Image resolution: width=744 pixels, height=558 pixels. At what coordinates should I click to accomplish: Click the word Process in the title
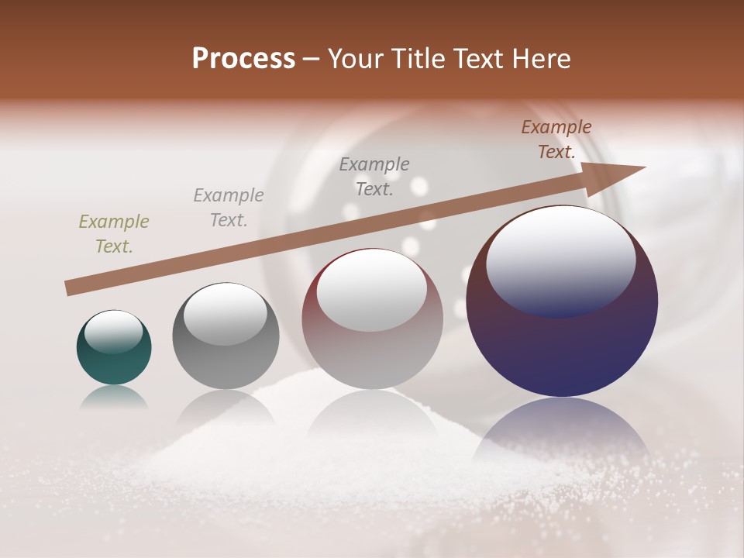(243, 59)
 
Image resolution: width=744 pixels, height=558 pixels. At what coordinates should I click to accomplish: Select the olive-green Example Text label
(114, 234)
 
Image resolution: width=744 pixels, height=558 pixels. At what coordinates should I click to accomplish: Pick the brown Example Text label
(556, 139)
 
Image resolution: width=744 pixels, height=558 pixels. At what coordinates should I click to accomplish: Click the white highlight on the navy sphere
(560, 260)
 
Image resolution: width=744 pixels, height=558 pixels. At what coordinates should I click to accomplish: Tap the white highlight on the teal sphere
(113, 332)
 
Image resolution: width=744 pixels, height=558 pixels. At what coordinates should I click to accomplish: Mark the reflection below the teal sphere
(114, 397)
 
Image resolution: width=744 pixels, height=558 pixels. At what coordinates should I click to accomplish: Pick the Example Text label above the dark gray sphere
(229, 207)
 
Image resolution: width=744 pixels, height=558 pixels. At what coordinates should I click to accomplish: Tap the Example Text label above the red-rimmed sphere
(374, 176)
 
